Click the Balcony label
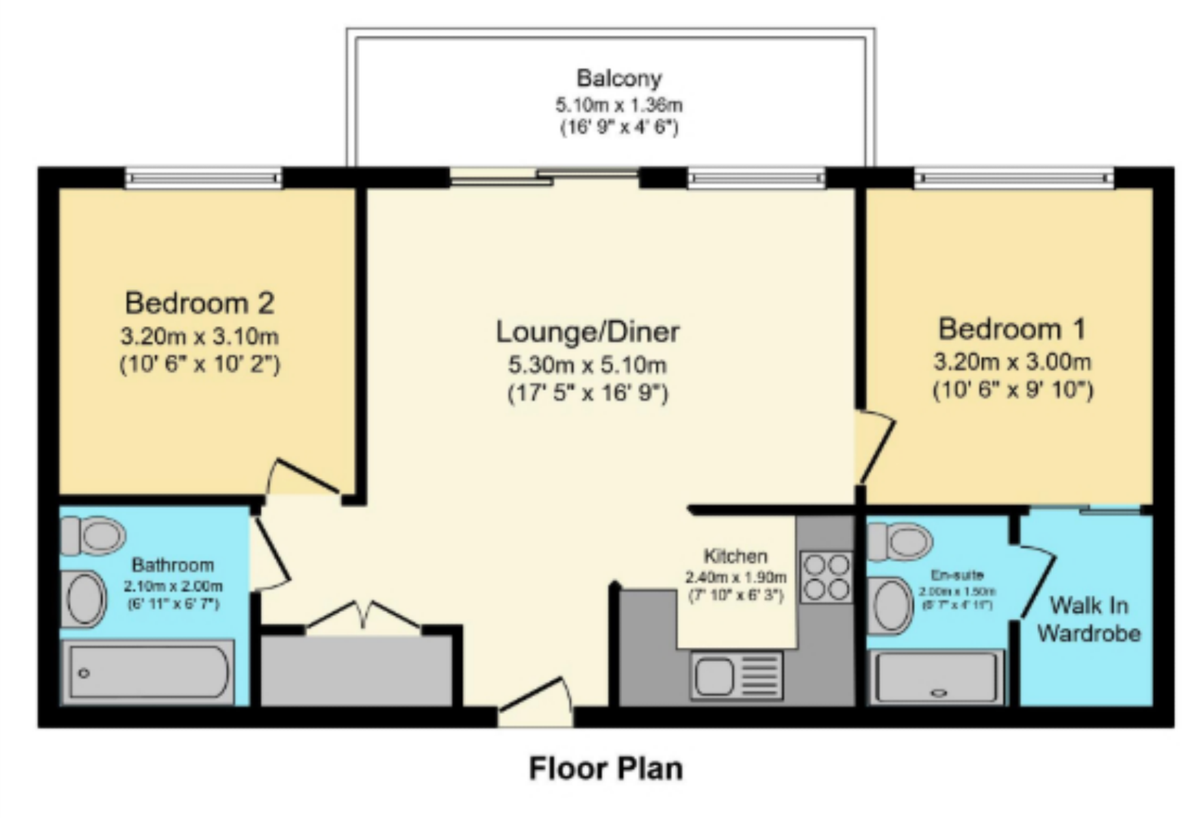pyautogui.click(x=619, y=79)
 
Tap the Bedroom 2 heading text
pyautogui.click(x=199, y=303)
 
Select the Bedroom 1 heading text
pyautogui.click(x=1012, y=329)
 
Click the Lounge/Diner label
pyautogui.click(x=588, y=332)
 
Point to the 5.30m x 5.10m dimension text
pyautogui.click(x=588, y=365)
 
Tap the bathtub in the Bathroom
pyautogui.click(x=148, y=672)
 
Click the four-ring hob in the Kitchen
pyautogui.click(x=826, y=577)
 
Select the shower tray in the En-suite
pyautogui.click(x=935, y=677)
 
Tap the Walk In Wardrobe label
pyautogui.click(x=1088, y=619)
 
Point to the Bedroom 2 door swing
pyautogui.click(x=303, y=478)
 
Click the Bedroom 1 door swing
pyautogui.click(x=875, y=445)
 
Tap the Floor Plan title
pyautogui.click(x=606, y=769)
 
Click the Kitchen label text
pyautogui.click(x=735, y=556)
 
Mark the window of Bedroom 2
pyautogui.click(x=203, y=178)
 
